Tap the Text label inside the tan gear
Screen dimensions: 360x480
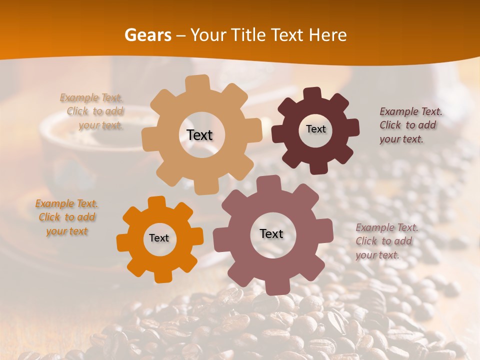pos(199,135)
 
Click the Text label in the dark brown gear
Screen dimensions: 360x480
pos(315,129)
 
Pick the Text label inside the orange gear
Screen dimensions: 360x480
pos(159,238)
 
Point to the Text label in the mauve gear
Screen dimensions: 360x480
pos(271,233)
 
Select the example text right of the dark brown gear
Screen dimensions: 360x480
pos(410,125)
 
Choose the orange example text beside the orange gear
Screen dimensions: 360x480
pos(67,217)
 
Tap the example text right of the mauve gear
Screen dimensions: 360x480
pos(386,241)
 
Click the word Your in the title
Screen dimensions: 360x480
pos(208,35)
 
